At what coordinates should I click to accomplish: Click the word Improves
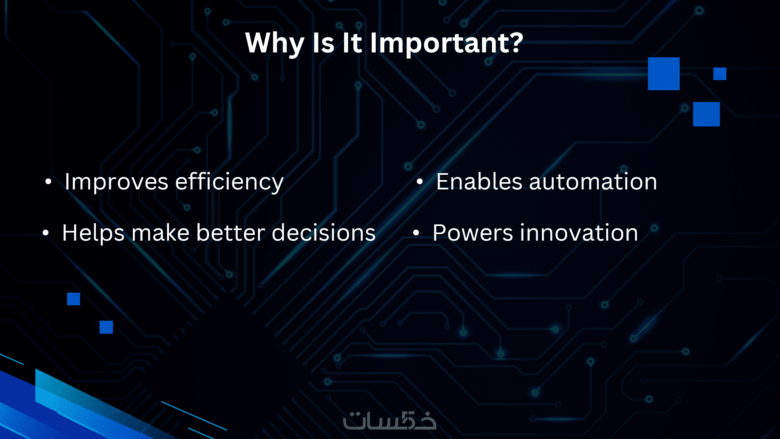click(116, 182)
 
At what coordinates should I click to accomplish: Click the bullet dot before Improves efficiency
click(48, 182)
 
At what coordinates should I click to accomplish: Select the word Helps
click(93, 233)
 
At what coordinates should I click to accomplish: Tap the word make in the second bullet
click(160, 233)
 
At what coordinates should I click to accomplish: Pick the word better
click(230, 233)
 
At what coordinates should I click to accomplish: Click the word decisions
click(323, 233)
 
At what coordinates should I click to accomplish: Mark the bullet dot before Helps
click(45, 233)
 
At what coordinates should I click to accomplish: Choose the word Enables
click(479, 181)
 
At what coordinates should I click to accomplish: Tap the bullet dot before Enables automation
click(420, 182)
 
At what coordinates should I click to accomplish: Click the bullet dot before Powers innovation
click(416, 233)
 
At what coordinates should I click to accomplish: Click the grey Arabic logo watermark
click(390, 420)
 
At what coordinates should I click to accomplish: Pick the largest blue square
click(664, 74)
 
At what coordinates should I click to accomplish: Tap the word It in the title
click(352, 43)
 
